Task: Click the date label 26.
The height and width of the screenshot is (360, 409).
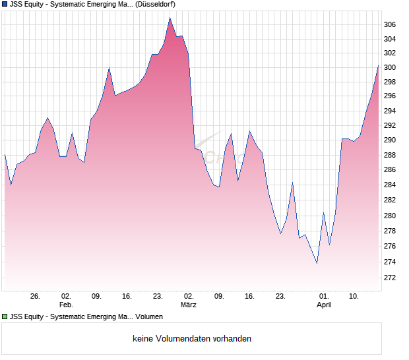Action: click(36, 297)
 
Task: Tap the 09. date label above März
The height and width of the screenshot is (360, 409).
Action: click(96, 297)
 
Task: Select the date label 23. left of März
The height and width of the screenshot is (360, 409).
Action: click(158, 297)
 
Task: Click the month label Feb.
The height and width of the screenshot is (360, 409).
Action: click(66, 305)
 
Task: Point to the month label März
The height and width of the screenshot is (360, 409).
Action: click(189, 305)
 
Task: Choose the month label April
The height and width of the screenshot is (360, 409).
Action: click(323, 305)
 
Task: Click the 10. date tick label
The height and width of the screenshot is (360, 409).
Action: click(354, 297)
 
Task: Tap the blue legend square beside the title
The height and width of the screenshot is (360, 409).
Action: click(5, 5)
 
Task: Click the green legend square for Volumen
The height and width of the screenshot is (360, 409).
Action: click(5, 317)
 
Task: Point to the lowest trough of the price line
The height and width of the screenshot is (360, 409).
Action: click(317, 263)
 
